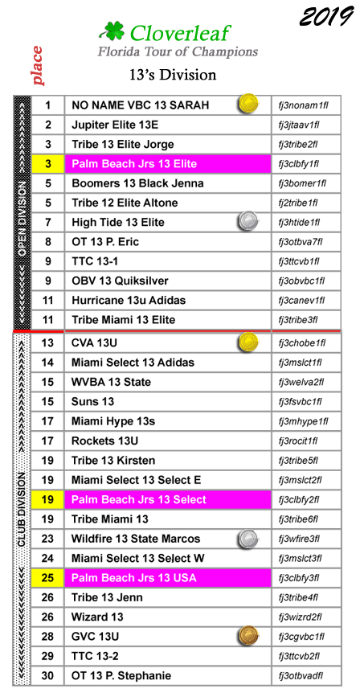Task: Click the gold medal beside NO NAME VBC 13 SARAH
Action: tap(247, 104)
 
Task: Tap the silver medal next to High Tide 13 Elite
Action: tap(247, 221)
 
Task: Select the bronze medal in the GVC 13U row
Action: tap(247, 636)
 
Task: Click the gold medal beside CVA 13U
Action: tap(247, 342)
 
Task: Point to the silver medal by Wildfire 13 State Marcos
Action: tap(247, 539)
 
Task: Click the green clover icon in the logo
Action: tap(112, 31)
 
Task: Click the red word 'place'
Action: tap(37, 66)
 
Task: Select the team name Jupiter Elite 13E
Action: tap(115, 125)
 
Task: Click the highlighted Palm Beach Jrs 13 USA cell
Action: tap(168, 578)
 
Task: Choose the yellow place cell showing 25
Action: tap(48, 578)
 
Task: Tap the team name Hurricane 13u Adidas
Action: tap(129, 301)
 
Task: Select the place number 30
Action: tap(47, 675)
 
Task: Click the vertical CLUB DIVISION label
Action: tap(22, 510)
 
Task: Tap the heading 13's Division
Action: tap(173, 74)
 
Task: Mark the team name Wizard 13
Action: tap(97, 617)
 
